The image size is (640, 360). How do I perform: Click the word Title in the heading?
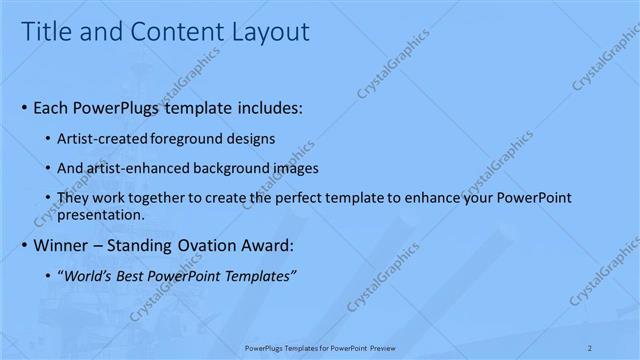[x=48, y=33]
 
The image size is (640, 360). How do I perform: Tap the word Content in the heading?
[x=173, y=33]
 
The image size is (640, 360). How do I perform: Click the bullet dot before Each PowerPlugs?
[x=24, y=106]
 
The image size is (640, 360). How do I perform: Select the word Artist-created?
[x=106, y=138]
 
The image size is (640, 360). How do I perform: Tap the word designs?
[x=254, y=138]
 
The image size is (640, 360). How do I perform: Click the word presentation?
[x=102, y=214]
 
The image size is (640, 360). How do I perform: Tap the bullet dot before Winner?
[x=24, y=245]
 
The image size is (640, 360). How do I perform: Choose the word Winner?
[x=61, y=245]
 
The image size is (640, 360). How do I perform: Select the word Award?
[x=268, y=245]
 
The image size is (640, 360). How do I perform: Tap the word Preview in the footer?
[x=390, y=347]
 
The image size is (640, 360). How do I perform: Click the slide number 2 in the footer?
[x=590, y=347]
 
